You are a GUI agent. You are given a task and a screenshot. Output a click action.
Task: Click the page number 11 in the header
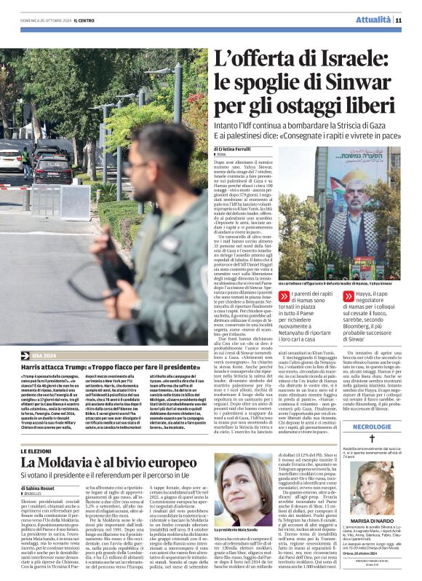point(399,20)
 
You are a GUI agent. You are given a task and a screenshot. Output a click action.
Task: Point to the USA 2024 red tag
point(45,354)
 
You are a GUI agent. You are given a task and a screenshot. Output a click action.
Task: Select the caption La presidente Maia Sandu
point(239,529)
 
